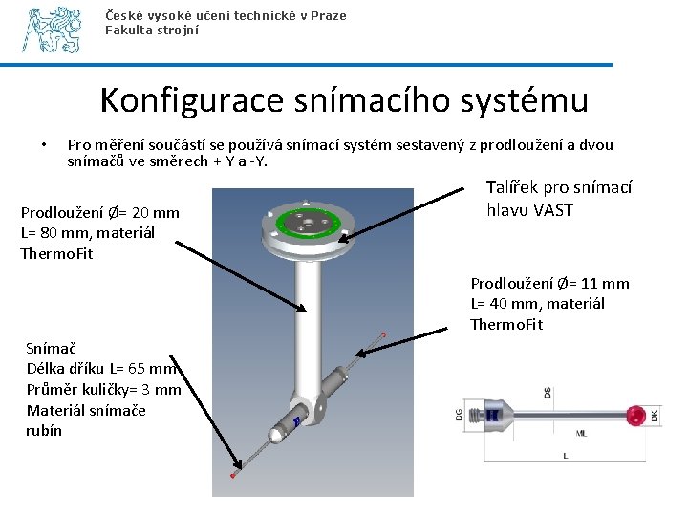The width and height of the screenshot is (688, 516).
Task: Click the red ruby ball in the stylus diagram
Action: (634, 416)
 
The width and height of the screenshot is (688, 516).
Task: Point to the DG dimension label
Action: (458, 414)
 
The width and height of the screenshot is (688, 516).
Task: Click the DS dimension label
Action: (548, 393)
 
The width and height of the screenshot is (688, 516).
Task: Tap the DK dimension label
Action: (655, 417)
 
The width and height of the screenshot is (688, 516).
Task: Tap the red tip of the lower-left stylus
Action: (233, 475)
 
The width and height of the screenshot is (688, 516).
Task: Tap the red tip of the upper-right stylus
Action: (384, 333)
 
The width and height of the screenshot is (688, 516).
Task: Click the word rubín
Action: (44, 430)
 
